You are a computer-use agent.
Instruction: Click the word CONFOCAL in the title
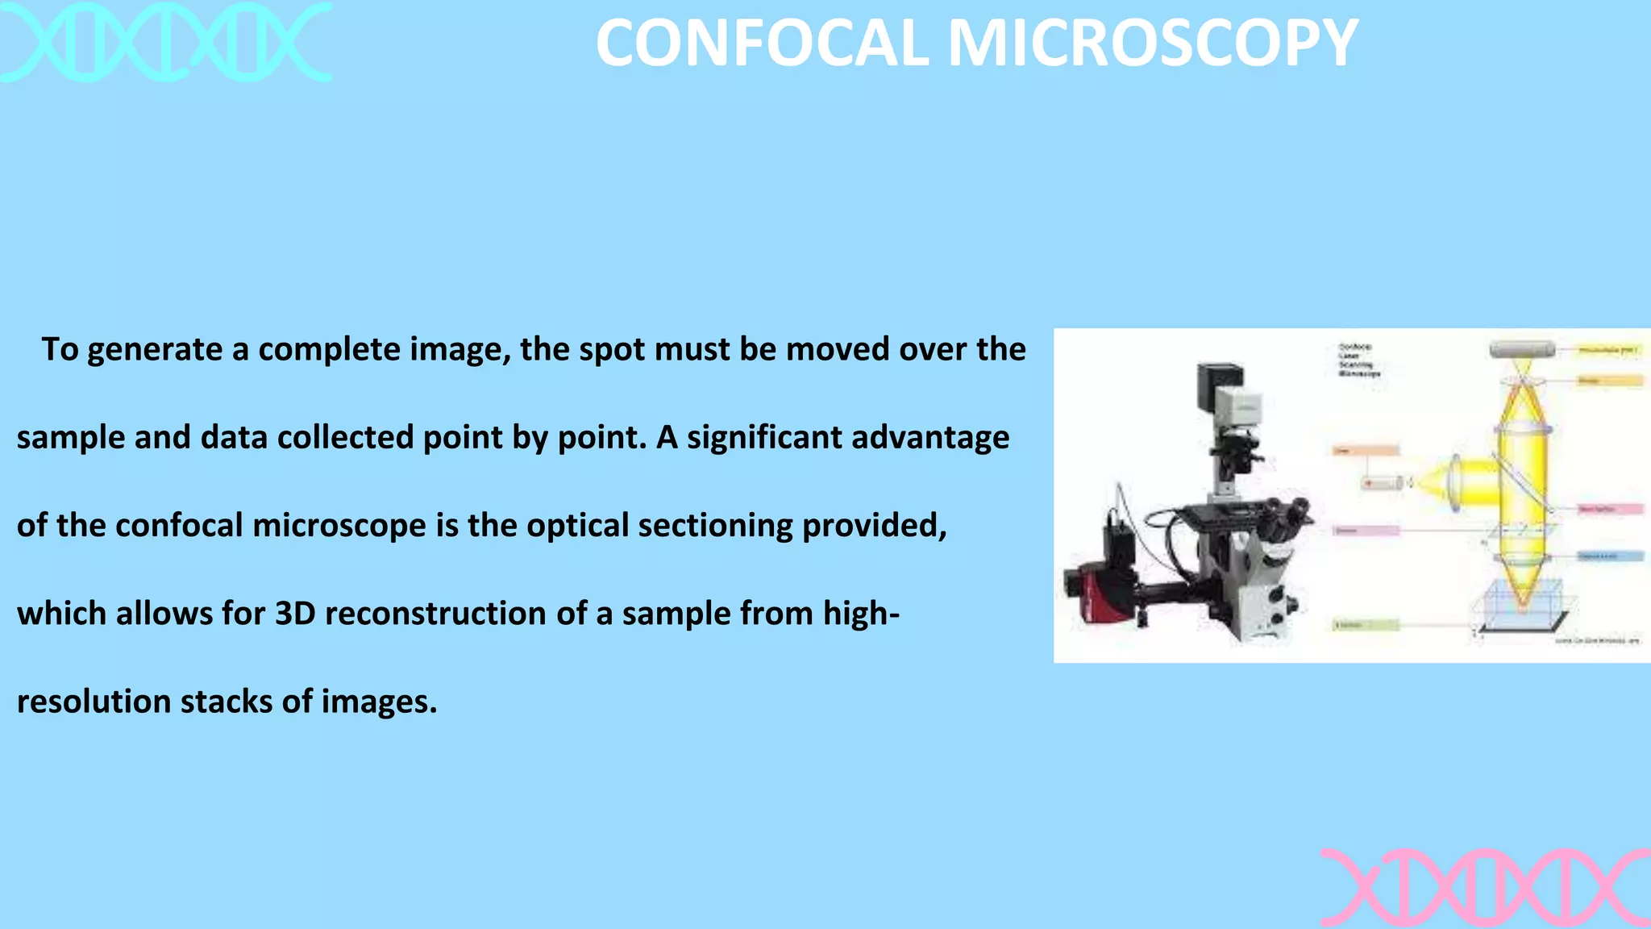click(x=763, y=44)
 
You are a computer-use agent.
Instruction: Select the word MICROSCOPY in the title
click(x=1153, y=44)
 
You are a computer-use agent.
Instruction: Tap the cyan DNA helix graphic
click(x=165, y=42)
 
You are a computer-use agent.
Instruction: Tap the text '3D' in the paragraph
click(x=295, y=614)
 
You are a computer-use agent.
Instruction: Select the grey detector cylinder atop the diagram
click(x=1522, y=350)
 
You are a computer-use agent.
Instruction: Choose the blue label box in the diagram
click(x=1609, y=556)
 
